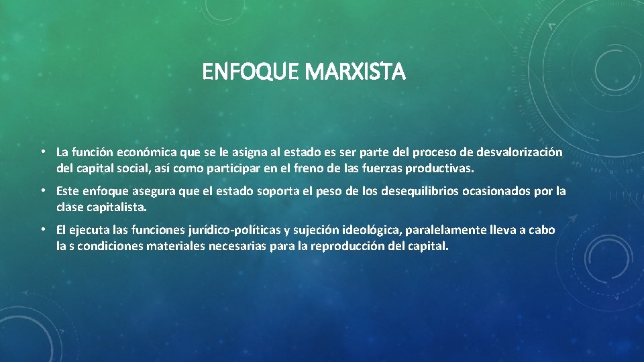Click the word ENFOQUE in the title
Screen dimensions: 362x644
(251, 72)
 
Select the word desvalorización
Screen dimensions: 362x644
(521, 153)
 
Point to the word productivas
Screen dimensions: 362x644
(443, 166)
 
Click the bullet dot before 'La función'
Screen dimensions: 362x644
(42, 152)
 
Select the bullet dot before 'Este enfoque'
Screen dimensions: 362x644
(42, 191)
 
